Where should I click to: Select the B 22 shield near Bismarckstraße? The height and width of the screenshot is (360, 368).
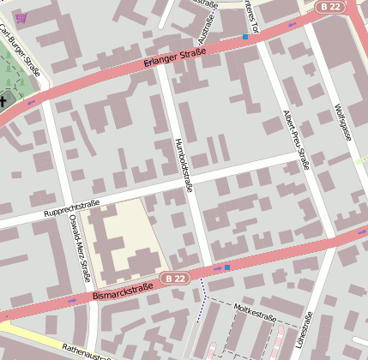[x=175, y=279]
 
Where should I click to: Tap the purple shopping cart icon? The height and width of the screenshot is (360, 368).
[x=21, y=18]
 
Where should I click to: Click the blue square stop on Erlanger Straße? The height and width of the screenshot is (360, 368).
[x=245, y=37]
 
